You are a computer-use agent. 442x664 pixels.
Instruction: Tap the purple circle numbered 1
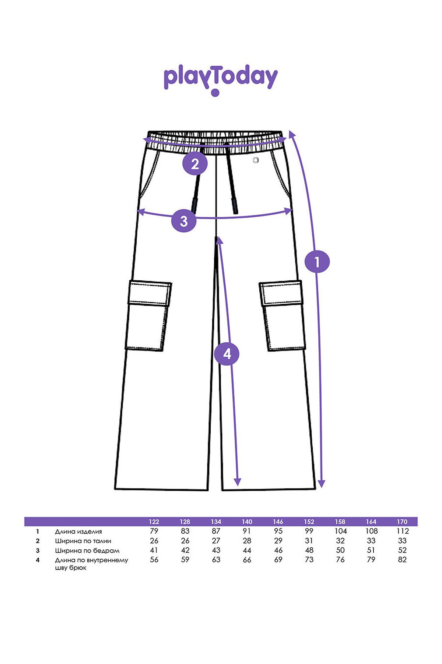tap(317, 262)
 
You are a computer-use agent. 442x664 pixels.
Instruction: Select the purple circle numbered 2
tap(195, 164)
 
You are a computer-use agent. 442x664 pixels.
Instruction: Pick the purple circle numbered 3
tap(184, 221)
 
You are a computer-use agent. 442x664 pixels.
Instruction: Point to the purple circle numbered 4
tap(227, 354)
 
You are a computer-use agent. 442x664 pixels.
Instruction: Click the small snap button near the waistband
tap(256, 160)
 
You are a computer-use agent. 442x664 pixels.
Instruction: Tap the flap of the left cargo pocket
tap(150, 293)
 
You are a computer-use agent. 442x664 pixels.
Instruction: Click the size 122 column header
tap(154, 522)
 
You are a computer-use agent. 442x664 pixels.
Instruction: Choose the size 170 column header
tap(402, 522)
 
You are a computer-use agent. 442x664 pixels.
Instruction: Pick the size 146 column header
tap(278, 522)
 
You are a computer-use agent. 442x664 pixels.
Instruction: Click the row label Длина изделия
tap(78, 532)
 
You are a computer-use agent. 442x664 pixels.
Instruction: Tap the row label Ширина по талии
tap(83, 541)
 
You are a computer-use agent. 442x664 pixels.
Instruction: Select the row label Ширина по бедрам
tap(87, 551)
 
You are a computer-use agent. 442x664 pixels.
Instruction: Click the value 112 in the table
tap(403, 531)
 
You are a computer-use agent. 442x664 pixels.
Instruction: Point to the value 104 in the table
tap(340, 531)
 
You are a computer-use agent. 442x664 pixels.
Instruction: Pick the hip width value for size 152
tap(309, 550)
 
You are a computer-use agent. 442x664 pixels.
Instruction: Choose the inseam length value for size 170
tap(402, 560)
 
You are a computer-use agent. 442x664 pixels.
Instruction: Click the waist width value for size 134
tap(216, 541)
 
